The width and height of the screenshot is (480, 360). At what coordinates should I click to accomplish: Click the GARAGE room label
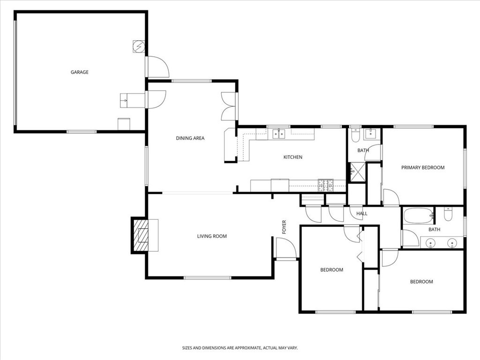[80, 72]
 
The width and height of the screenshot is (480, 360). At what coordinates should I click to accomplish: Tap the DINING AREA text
[190, 138]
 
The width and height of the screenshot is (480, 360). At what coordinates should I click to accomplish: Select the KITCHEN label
[293, 157]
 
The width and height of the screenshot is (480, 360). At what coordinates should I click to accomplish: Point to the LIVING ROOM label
[212, 236]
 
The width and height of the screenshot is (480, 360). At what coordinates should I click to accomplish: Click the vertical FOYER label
[284, 227]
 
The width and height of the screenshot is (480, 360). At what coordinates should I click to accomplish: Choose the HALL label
[362, 214]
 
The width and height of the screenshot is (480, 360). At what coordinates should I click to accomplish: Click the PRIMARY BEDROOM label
[423, 167]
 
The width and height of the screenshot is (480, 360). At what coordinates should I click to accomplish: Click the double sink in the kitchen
[279, 135]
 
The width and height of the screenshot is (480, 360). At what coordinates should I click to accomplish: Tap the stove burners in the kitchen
[326, 185]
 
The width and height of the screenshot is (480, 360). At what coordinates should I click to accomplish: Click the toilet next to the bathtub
[448, 215]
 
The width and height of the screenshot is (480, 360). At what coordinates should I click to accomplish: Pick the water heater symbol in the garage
[139, 47]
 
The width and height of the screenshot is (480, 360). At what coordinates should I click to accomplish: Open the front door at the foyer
[285, 248]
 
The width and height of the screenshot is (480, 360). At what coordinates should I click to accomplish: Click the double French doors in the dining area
[229, 106]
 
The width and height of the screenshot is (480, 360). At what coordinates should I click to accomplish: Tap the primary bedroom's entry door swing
[390, 198]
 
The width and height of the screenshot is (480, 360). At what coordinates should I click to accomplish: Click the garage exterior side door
[157, 67]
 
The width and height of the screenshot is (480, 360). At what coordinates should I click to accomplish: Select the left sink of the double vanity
[430, 243]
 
